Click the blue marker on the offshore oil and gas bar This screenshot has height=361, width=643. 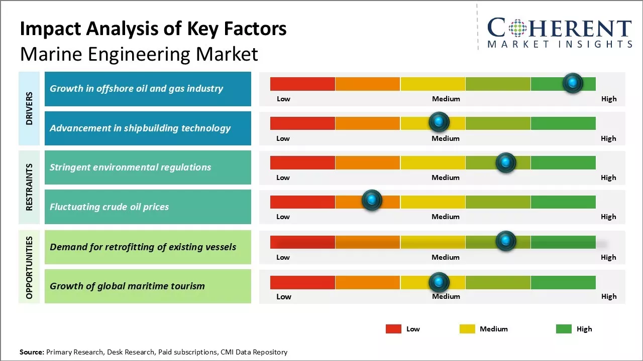(573, 83)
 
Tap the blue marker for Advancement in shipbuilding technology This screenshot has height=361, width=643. (439, 122)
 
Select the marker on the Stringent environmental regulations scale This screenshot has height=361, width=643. (505, 162)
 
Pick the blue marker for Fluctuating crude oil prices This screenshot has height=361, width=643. (372, 200)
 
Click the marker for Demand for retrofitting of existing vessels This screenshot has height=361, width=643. (505, 241)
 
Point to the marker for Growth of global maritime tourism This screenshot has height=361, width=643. (439, 282)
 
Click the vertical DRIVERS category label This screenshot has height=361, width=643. (30, 108)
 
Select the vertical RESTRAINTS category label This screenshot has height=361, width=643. (30, 187)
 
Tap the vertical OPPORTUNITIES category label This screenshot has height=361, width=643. (30, 267)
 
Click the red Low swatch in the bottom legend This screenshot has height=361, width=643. (393, 329)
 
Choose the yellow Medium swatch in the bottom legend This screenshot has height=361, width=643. (467, 329)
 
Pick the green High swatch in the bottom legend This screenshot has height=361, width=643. (564, 329)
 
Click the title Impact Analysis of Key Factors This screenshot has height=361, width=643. (153, 29)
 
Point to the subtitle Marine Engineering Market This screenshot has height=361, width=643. (139, 54)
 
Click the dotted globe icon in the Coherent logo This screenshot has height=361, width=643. (519, 28)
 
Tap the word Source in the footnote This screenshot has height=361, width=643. (32, 352)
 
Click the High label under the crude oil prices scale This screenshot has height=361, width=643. (608, 217)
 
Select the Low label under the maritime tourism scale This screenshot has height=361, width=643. (283, 296)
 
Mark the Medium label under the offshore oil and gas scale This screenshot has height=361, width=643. (446, 99)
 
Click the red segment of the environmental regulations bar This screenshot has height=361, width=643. (302, 162)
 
